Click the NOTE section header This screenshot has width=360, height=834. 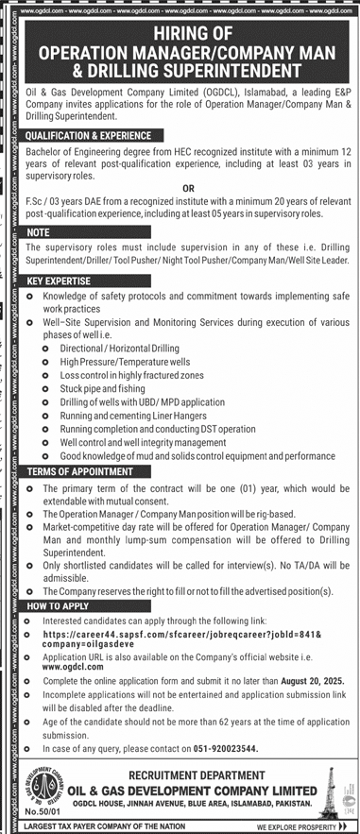point(39,231)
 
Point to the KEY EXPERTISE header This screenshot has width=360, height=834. point(59,282)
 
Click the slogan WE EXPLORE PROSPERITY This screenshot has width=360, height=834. point(301,826)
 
